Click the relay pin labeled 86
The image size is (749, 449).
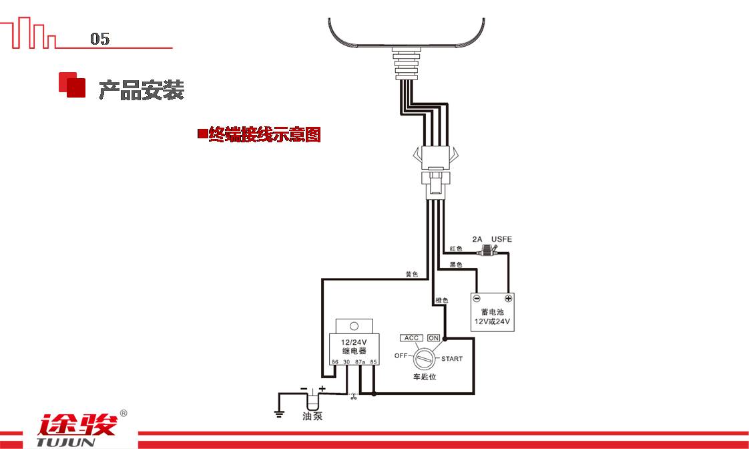coord(335,361)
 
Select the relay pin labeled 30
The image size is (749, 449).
coord(346,361)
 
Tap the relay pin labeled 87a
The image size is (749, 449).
coord(360,361)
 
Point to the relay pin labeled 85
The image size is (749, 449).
coord(374,361)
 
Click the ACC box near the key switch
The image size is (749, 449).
coord(411,338)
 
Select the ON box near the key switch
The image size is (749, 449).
coord(434,338)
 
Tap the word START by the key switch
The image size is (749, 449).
coord(451,359)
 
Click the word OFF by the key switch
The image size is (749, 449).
coord(401,355)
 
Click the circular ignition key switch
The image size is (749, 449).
coord(424,359)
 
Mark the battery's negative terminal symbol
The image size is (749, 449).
coord(477,299)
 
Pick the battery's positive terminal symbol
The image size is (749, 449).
coord(508,299)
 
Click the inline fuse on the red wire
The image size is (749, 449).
coord(489,253)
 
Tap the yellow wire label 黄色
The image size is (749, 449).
coord(411,275)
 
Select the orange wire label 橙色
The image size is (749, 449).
coord(441,301)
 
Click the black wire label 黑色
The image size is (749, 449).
coord(456,265)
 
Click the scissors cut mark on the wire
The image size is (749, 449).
coord(353,397)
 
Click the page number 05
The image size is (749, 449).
coord(99,39)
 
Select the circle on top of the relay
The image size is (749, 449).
coord(354,327)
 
